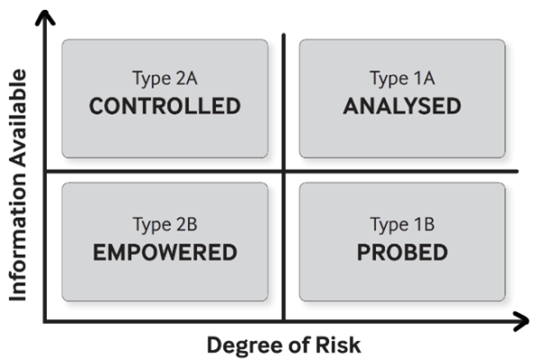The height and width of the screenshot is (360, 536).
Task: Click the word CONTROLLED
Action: (165, 106)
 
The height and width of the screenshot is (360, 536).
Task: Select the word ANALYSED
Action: (402, 106)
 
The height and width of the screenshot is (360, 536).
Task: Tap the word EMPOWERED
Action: (165, 253)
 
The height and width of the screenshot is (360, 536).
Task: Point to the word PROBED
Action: (402, 253)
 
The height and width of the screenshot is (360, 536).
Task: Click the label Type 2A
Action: (165, 78)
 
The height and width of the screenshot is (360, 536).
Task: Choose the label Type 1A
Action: (402, 78)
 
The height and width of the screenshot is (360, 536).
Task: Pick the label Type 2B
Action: (165, 225)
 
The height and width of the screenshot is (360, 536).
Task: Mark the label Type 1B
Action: (402, 225)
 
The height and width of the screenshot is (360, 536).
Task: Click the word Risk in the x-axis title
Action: (338, 345)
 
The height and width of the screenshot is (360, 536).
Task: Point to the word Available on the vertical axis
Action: (18, 118)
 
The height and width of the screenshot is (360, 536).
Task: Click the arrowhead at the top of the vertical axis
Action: (45, 13)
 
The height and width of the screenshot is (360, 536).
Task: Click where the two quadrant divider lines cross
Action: (283, 171)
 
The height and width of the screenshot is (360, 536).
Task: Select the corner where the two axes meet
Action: (45, 321)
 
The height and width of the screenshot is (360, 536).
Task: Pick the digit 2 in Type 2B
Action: (181, 224)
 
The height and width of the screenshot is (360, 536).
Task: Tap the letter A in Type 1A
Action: (429, 78)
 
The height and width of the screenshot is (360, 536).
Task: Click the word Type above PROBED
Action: (389, 226)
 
